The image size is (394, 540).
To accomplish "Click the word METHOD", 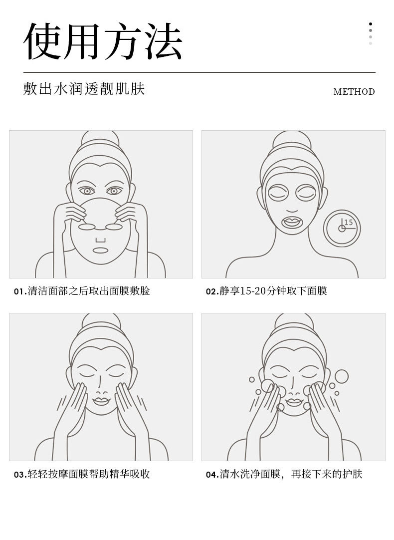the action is tap(354, 92).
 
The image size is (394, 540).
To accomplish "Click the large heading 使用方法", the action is tap(103, 41).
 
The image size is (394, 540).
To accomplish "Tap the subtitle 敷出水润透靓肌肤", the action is tap(84, 88).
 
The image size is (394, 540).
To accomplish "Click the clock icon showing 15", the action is tap(342, 228).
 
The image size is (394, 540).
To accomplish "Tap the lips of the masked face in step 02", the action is tap(292, 222).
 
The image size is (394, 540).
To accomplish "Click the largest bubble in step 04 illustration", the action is tap(342, 376).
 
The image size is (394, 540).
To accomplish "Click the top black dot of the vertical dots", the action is tap(370, 24).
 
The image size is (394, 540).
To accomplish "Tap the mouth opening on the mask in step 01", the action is tap(100, 251).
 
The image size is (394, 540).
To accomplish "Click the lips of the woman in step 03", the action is tap(101, 401).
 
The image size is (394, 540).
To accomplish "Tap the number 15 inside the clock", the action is tap(349, 222).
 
